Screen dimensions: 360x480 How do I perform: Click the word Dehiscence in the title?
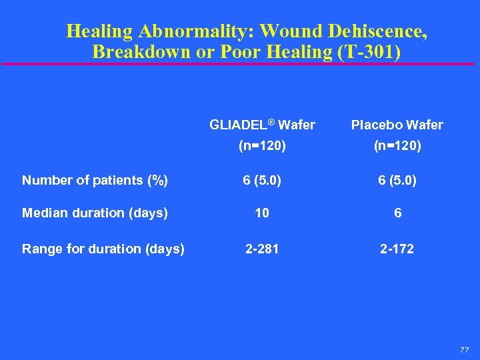(x=373, y=31)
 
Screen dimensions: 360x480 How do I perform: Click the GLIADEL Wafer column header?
(x=262, y=125)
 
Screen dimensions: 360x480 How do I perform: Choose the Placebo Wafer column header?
(x=397, y=125)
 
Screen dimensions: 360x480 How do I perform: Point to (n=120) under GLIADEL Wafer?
(x=262, y=145)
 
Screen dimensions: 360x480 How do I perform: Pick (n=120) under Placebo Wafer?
(x=397, y=145)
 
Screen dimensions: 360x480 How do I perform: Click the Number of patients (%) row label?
(x=95, y=180)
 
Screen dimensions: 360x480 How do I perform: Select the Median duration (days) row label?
(x=95, y=213)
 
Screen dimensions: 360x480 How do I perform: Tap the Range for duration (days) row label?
(x=103, y=249)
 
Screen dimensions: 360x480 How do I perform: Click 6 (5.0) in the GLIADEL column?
(x=262, y=180)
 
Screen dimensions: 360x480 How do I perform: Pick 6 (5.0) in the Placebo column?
(x=397, y=180)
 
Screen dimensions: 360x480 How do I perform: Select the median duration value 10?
(x=262, y=213)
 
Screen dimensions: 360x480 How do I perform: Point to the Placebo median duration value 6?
(x=397, y=213)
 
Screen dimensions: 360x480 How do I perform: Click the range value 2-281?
(x=262, y=249)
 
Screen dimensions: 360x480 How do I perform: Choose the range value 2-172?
(x=397, y=249)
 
